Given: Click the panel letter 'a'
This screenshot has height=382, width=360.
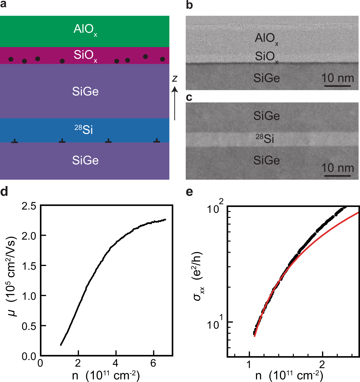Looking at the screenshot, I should [x=3, y=5].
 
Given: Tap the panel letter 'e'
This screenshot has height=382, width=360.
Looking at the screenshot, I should [x=189, y=192].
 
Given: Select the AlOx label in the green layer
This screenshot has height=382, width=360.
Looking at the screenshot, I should [x=85, y=30].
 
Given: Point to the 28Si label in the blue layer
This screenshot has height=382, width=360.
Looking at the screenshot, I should [x=84, y=130].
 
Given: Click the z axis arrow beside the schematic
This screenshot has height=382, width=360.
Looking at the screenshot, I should [x=175, y=104].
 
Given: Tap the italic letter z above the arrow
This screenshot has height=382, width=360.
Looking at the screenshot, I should [x=175, y=78].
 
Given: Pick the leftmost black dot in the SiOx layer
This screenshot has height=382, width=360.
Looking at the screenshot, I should [x=11, y=59].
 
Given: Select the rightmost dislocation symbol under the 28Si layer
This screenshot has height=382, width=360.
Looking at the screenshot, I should [x=157, y=140].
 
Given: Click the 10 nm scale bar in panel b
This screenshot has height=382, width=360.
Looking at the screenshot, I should [x=337, y=86].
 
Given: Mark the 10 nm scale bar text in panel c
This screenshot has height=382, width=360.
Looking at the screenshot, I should [x=337, y=168].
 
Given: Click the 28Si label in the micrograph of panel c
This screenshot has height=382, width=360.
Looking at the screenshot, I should [x=265, y=139].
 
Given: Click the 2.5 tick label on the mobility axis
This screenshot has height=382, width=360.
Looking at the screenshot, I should [x=29, y=206].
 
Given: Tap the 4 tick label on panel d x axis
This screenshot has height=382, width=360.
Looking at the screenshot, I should [x=115, y=363].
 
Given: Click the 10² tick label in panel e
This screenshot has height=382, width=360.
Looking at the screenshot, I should [x=215, y=208].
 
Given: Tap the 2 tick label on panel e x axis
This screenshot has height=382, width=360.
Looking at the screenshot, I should [x=322, y=365].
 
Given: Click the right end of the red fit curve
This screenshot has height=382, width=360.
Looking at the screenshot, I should [x=358, y=213].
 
